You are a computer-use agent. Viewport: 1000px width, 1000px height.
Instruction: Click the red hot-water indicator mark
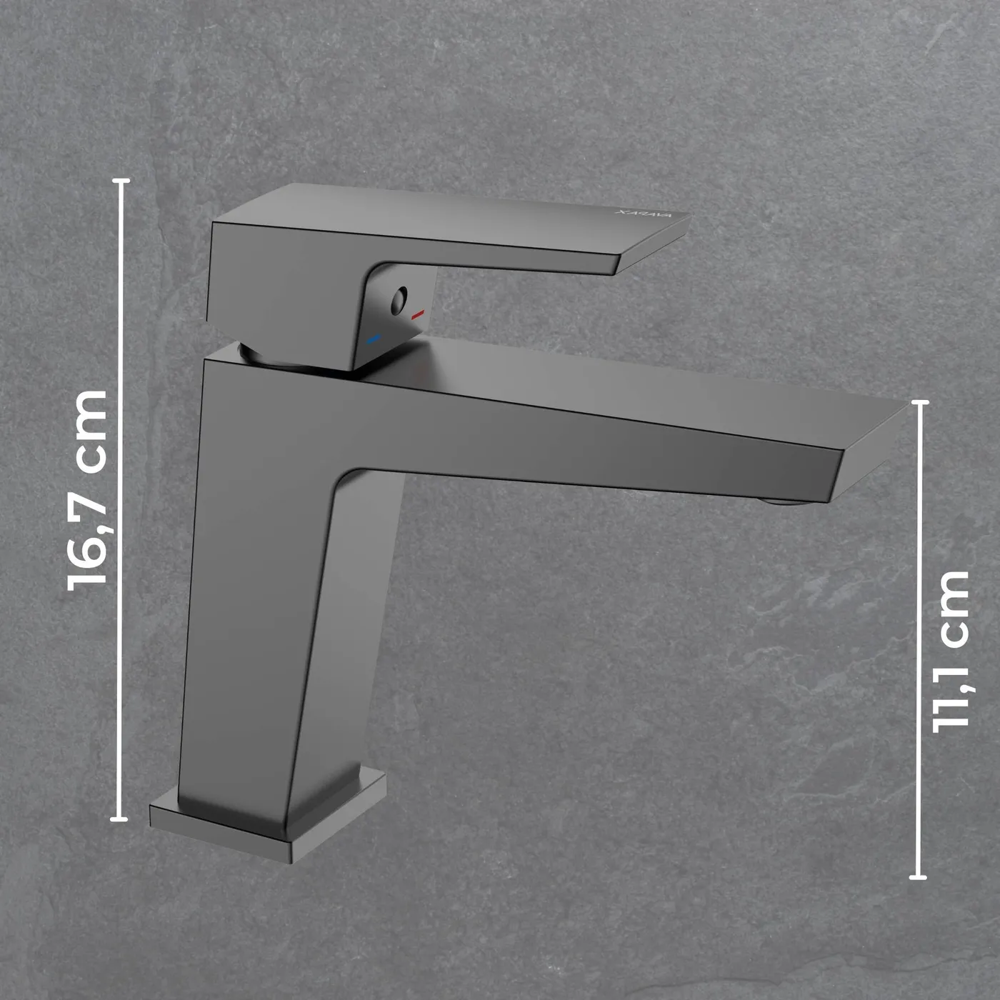click(x=418, y=314)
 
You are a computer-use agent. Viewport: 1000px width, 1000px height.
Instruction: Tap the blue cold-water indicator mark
click(x=373, y=339)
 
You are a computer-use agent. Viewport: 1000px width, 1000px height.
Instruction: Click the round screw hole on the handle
click(x=398, y=301)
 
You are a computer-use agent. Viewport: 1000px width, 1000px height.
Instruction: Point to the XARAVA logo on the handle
click(x=643, y=214)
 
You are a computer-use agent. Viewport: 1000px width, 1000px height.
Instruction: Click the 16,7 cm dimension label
click(x=86, y=490)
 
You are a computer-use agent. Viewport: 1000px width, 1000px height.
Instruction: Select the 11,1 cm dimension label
click(x=950, y=652)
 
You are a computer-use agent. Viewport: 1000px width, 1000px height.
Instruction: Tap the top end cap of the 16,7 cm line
click(x=121, y=181)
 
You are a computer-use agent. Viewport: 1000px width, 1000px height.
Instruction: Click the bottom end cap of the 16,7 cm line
click(x=119, y=819)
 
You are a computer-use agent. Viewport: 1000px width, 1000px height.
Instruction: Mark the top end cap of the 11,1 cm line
click(x=920, y=402)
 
